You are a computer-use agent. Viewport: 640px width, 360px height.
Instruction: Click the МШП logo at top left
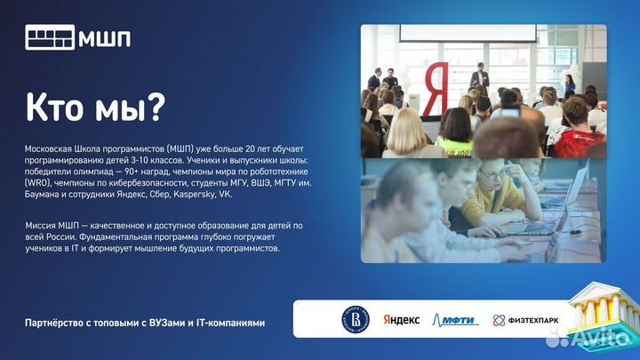tap(78, 38)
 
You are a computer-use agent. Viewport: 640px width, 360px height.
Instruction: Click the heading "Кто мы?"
tap(94, 108)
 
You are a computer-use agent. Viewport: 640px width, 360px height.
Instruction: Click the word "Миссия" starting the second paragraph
tap(42, 226)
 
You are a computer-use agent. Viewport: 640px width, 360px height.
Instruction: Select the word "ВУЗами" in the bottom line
tap(172, 322)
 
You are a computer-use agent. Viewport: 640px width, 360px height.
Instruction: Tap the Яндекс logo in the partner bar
tap(401, 319)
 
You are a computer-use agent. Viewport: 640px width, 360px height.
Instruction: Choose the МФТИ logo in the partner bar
tap(454, 320)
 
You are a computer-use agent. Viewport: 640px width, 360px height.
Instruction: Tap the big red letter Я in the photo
tap(436, 89)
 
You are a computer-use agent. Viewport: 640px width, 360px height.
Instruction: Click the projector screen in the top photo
tap(467, 32)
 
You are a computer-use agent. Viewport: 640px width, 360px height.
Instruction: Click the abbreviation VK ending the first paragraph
tap(226, 193)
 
